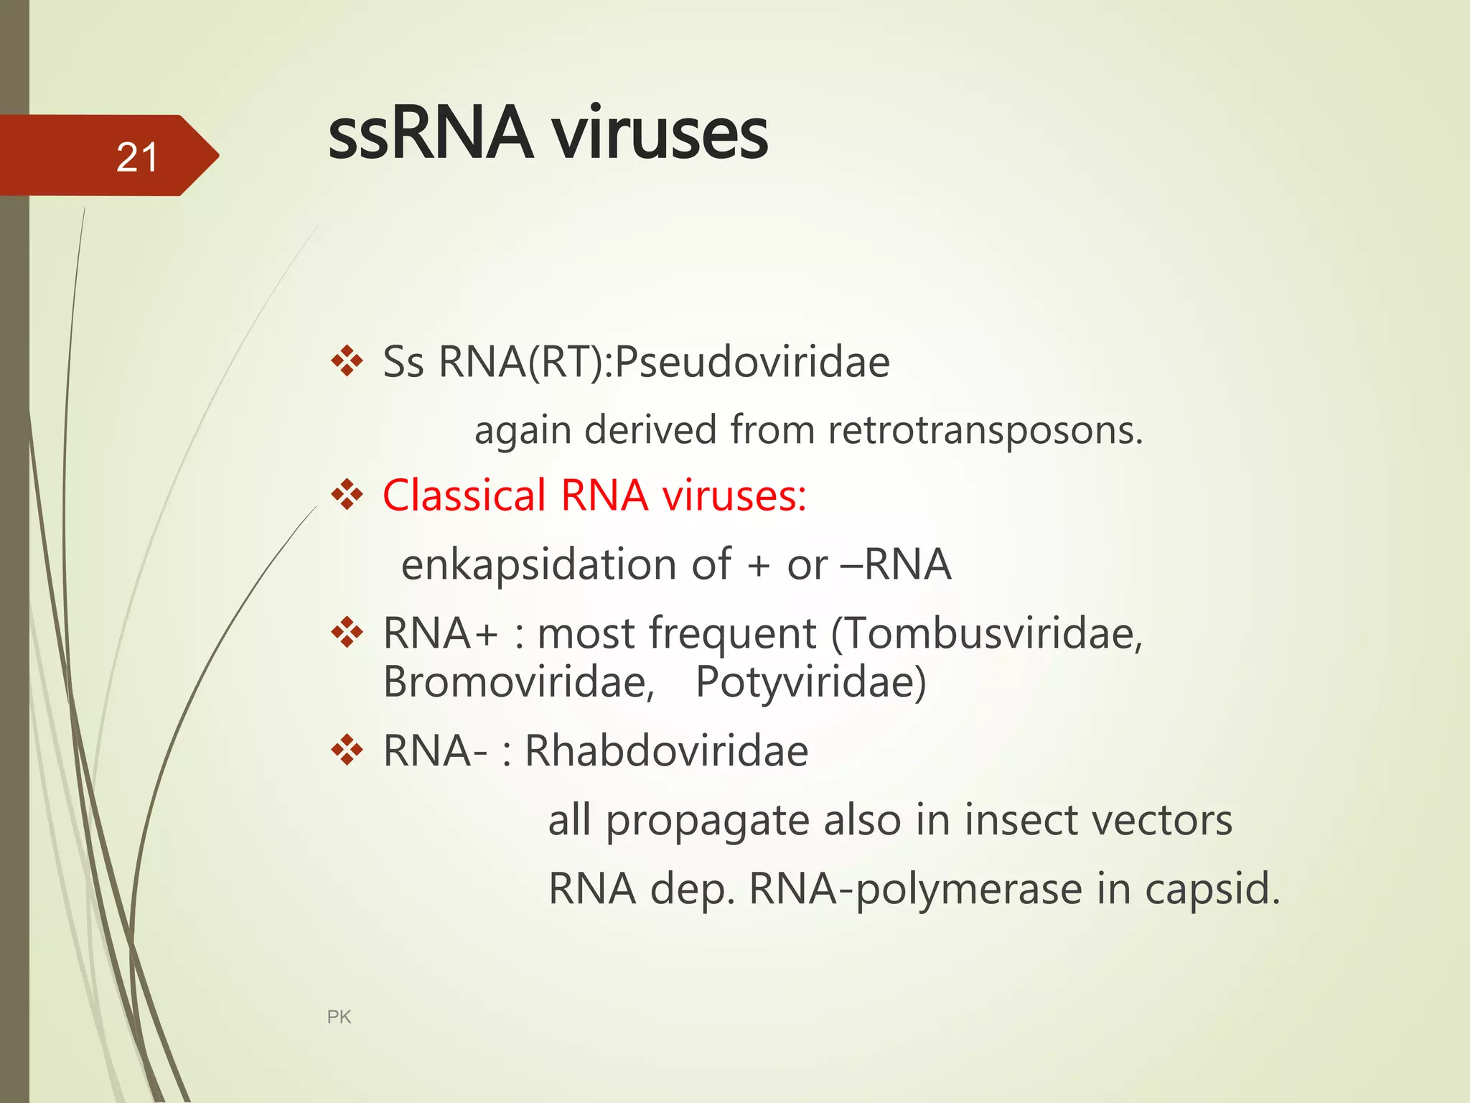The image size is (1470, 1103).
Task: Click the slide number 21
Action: [x=136, y=157]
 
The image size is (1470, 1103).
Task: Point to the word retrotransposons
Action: [x=984, y=430]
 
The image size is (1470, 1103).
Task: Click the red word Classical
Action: [x=464, y=495]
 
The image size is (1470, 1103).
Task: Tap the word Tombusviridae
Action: [x=987, y=633]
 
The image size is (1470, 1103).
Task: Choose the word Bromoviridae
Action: [x=518, y=681]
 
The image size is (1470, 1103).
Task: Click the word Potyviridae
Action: [x=810, y=681]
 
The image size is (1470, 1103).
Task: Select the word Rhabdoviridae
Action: [x=666, y=751]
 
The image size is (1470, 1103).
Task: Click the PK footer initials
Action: [x=339, y=1017]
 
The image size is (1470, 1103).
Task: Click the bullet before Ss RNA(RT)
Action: [x=347, y=360]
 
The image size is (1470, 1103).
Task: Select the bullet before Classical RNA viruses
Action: [x=347, y=495]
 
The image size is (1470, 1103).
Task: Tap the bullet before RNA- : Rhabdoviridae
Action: [x=347, y=750]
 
